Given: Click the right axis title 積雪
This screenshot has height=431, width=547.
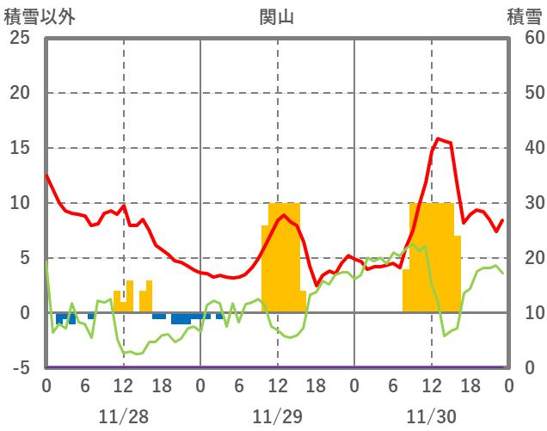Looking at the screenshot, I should tap(524, 16).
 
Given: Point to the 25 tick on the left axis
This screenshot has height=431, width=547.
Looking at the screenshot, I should tap(19, 38).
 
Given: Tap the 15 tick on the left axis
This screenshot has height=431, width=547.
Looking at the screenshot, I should tap(19, 148).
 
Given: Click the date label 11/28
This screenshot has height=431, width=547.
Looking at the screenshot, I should tap(123, 416).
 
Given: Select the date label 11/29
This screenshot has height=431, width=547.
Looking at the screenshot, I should tap(277, 416).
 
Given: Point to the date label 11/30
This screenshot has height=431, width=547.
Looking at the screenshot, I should tap(432, 416).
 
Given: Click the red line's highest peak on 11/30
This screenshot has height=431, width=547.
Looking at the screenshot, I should tap(438, 139).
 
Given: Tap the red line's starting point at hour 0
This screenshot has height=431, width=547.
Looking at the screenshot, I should tap(46, 175).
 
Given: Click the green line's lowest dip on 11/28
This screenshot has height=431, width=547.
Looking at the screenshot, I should tap(125, 354).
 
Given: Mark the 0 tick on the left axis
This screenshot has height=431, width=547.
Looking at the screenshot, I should tap(24, 313).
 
